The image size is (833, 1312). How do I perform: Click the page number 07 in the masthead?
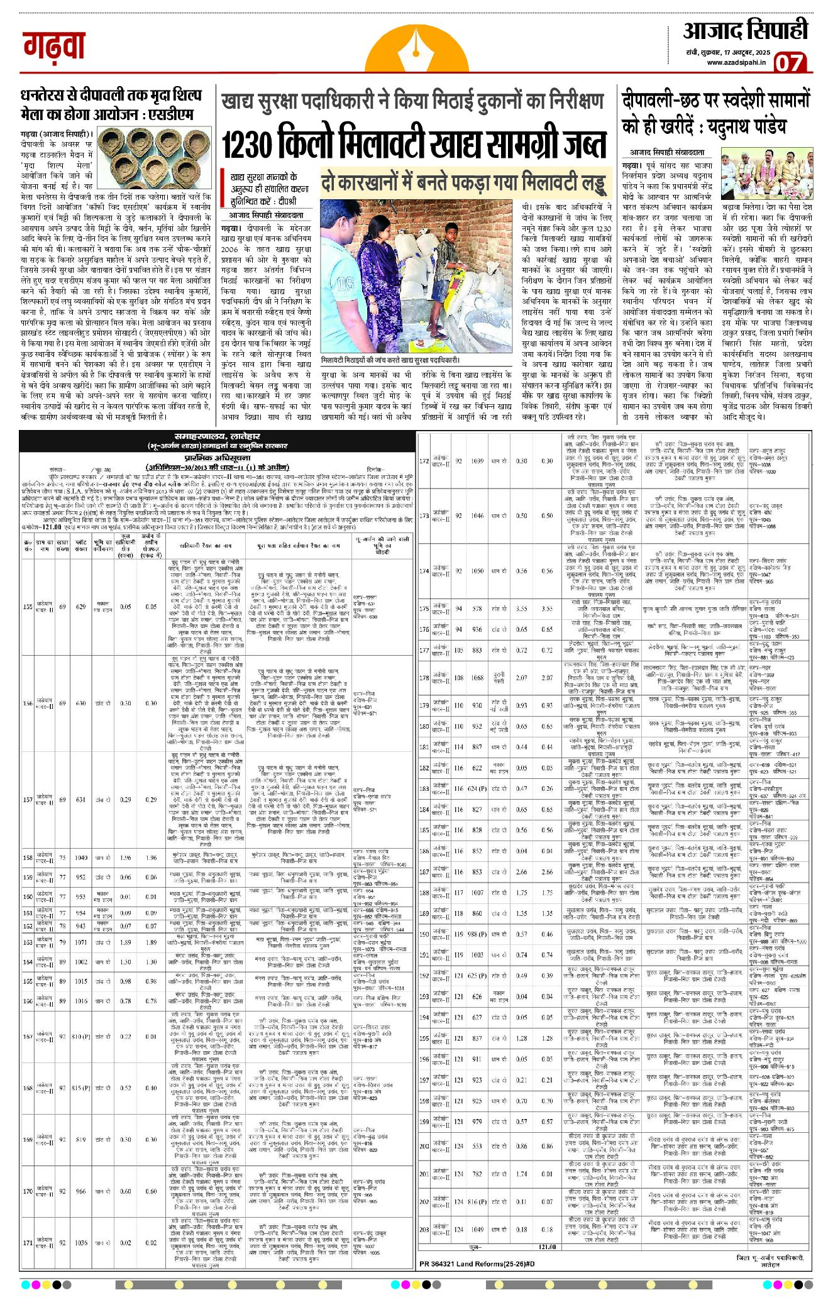789,63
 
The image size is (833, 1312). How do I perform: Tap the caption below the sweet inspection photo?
390,360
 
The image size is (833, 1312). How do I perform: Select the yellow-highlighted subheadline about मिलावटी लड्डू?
465,183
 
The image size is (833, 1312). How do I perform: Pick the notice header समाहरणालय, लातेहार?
218,436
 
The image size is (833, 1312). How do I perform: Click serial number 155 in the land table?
27,607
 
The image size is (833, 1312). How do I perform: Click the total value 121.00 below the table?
546,1247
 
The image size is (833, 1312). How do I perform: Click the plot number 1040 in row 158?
80,857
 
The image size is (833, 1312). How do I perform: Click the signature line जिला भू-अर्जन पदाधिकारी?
770,1257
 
